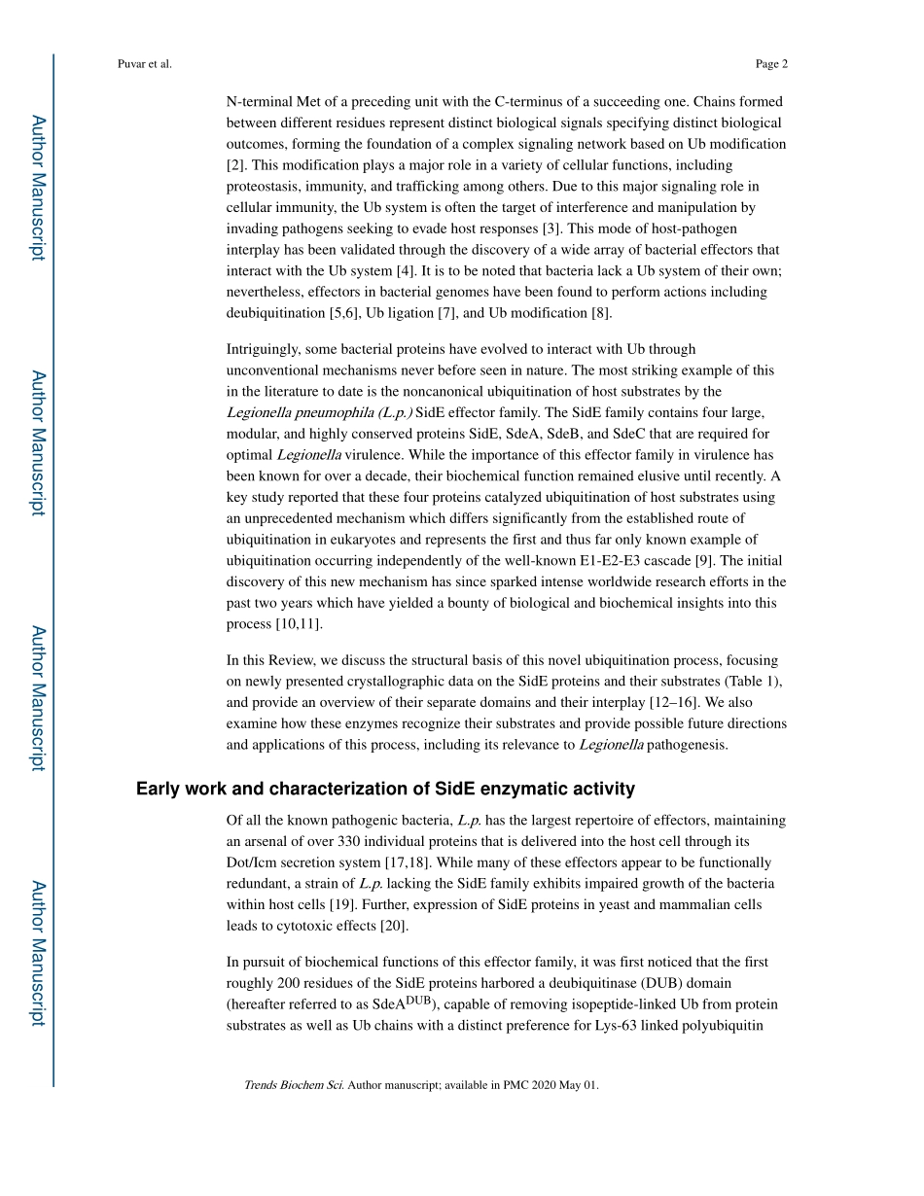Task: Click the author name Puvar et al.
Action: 144,64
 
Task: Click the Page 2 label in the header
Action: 770,64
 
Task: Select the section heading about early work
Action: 385,789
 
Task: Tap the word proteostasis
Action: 264,187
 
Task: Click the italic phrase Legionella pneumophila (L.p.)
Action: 319,412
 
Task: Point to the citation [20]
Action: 394,926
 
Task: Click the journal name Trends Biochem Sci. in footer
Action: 294,1085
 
